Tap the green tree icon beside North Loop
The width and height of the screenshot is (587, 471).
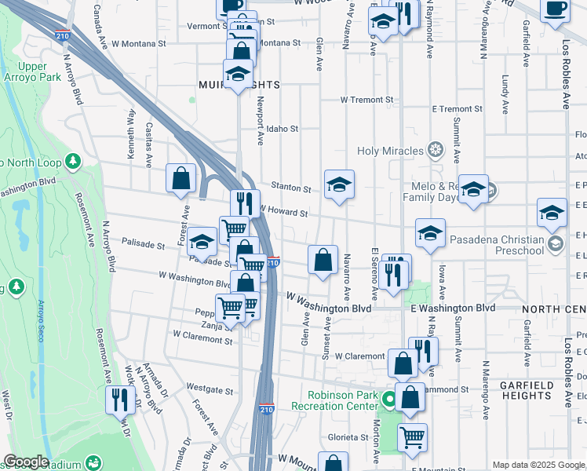click(73, 161)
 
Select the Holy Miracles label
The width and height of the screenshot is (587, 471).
click(390, 150)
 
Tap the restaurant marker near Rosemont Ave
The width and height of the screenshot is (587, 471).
click(120, 400)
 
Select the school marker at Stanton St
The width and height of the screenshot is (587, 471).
click(339, 184)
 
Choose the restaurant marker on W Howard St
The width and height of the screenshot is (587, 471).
click(245, 203)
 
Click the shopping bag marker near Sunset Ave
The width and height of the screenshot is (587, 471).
click(323, 259)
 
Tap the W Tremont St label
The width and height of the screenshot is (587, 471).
click(366, 100)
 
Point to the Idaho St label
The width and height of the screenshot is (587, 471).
click(283, 129)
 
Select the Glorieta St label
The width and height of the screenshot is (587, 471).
click(350, 437)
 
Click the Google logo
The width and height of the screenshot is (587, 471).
click(26, 462)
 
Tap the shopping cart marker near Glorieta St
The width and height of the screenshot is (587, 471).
click(412, 436)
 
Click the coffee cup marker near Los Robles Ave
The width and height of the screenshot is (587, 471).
click(556, 9)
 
